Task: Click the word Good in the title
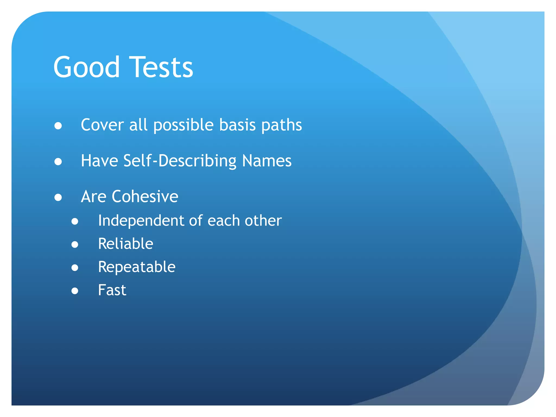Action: [86, 67]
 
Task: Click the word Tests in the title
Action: [161, 67]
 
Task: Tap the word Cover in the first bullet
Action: [102, 125]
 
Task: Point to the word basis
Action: [238, 125]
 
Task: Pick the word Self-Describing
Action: [180, 161]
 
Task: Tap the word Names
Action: [267, 161]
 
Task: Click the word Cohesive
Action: [145, 196]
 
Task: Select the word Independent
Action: [141, 221]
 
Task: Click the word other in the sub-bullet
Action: [263, 220]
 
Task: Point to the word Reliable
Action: [126, 244]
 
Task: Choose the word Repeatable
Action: [137, 267]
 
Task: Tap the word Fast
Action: [112, 290]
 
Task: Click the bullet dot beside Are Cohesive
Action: [58, 197]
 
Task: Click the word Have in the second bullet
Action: [99, 161]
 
